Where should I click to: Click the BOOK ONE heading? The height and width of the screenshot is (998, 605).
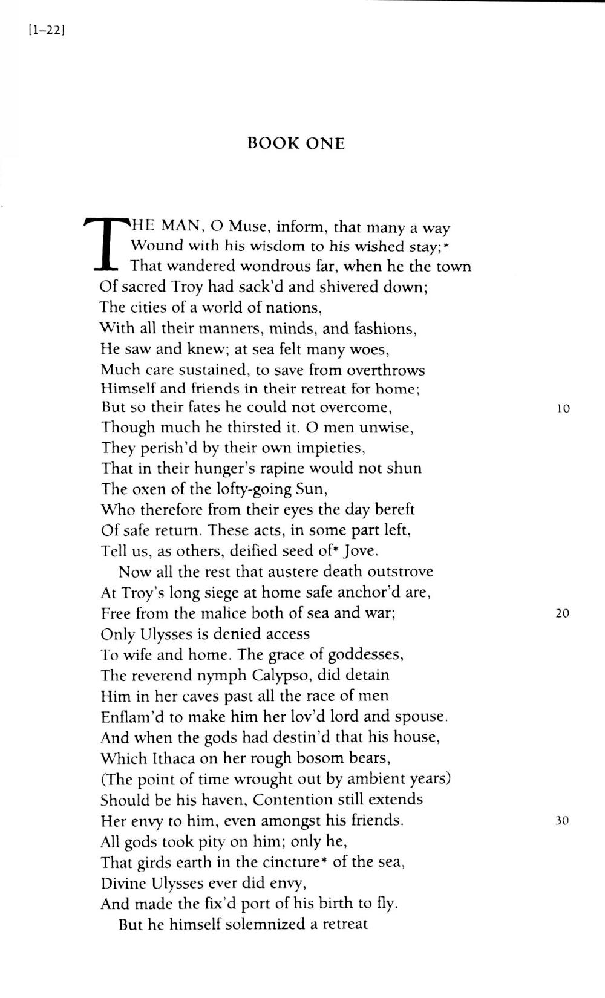click(296, 143)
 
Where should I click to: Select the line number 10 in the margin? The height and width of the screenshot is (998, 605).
click(563, 408)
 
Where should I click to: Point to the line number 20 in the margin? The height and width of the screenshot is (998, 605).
click(562, 613)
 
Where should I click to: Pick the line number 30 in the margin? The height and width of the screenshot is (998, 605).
click(562, 821)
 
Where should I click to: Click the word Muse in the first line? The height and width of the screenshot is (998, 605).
click(248, 227)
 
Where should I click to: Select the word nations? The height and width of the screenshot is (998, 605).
click(292, 308)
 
